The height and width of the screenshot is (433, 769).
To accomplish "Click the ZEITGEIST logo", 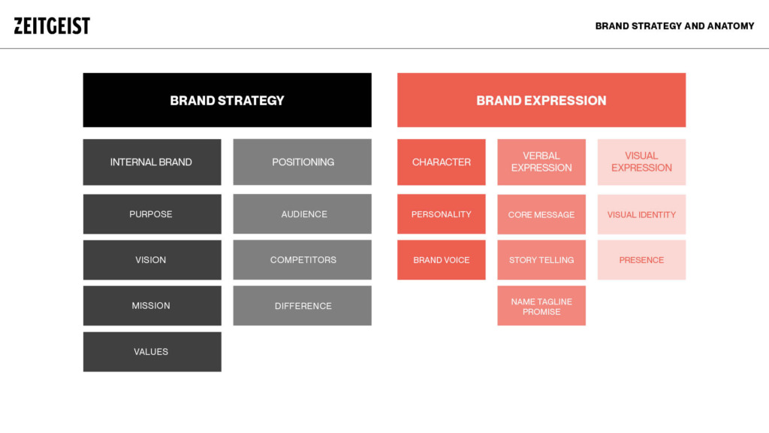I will click(52, 26).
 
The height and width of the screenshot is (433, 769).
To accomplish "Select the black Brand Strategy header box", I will click(227, 100).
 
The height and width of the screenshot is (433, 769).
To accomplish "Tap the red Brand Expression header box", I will click(541, 100).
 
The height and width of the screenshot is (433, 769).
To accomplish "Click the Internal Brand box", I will click(152, 162).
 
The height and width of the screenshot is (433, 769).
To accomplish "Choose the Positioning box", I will click(302, 162).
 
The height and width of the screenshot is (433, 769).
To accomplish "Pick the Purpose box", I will click(152, 214).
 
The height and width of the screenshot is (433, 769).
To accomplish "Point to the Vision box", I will click(152, 260).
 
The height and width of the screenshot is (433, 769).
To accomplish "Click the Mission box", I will click(152, 306).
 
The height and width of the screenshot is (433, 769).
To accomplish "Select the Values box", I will click(152, 352).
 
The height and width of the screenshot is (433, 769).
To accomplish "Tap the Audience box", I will click(302, 214).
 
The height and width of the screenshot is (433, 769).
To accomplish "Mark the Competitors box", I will click(302, 260).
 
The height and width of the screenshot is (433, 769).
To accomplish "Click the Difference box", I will click(302, 306).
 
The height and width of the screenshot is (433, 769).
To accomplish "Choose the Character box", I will click(442, 162).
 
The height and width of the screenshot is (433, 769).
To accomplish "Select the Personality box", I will click(442, 214).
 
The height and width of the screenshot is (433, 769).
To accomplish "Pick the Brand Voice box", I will click(442, 260).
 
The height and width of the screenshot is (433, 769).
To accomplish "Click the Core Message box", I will click(541, 214).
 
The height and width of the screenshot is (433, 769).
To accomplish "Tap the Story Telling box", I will click(541, 260).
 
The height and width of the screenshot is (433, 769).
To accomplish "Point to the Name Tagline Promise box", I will click(541, 306).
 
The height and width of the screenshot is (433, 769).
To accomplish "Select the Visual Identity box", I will click(641, 214).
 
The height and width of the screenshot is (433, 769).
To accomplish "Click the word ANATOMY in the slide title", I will click(731, 26).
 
